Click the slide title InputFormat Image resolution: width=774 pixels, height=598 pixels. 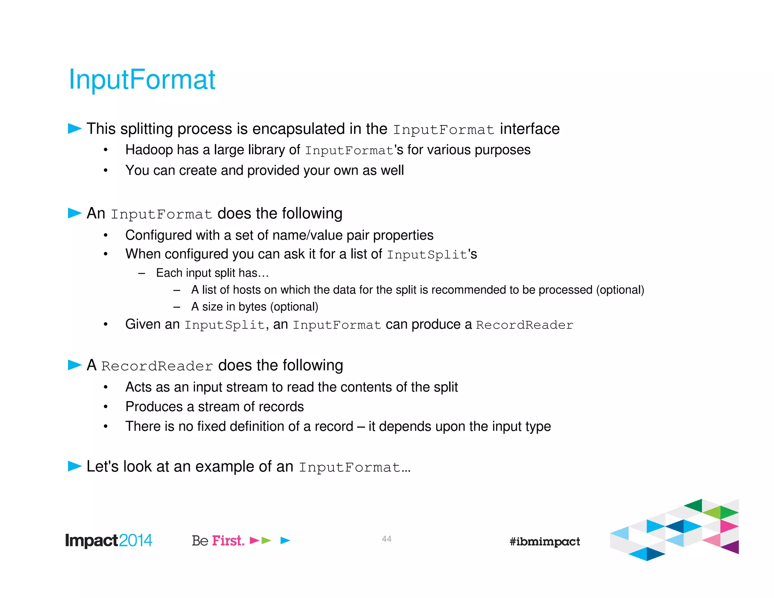[x=142, y=80]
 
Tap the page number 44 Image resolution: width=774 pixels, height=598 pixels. [x=386, y=539]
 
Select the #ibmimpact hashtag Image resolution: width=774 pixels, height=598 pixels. [x=544, y=541]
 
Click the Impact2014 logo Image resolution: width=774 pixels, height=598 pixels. [x=109, y=541]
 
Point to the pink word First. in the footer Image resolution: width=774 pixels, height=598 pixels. [x=228, y=541]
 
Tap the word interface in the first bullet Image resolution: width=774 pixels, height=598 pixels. [x=529, y=129]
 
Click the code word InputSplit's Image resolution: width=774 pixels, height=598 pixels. [x=432, y=254]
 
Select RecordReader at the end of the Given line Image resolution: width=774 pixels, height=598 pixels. [x=524, y=325]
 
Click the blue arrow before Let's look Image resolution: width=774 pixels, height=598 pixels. [x=74, y=466]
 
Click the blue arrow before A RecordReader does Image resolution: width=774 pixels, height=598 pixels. [x=74, y=365]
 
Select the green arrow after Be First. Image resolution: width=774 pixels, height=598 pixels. [x=266, y=541]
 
